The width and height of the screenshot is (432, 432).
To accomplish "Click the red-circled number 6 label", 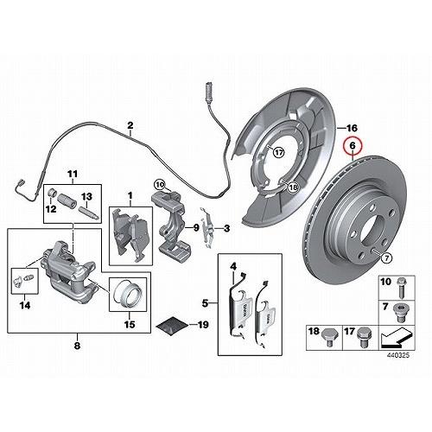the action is [x=353, y=146].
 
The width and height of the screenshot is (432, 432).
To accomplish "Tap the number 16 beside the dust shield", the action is [x=351, y=128].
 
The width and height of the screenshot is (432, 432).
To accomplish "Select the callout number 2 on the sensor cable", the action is [x=130, y=125].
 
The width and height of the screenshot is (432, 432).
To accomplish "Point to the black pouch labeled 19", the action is [x=172, y=326].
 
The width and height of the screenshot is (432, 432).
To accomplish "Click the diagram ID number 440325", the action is [x=397, y=355].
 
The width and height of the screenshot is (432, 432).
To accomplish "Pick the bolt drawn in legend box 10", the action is [x=400, y=286].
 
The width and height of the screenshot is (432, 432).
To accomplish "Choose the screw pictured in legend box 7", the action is [x=399, y=313].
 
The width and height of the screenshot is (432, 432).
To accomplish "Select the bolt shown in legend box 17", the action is [x=364, y=337].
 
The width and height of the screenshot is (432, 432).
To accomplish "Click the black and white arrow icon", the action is [x=396, y=339].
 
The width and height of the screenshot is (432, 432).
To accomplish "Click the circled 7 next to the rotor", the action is [x=386, y=258].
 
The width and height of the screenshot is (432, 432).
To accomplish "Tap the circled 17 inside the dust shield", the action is [x=278, y=152].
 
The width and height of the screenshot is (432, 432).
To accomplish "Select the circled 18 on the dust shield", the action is [x=293, y=187].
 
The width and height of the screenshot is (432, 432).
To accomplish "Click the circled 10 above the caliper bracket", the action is [x=161, y=184].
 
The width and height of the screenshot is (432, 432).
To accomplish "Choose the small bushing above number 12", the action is [x=51, y=192].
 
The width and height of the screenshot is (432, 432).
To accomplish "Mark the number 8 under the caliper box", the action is [x=77, y=346].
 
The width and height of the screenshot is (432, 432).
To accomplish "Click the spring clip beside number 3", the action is [x=208, y=226].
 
